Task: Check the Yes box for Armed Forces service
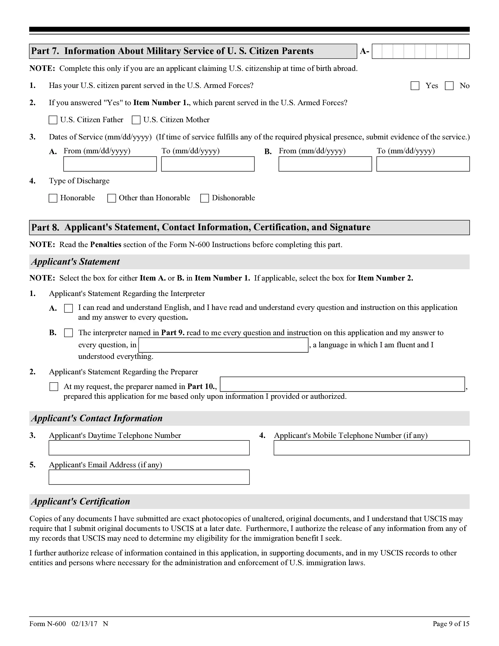click(x=415, y=86)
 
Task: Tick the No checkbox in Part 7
click(x=449, y=86)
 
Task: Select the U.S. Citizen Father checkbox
click(x=53, y=120)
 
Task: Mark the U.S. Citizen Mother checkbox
click(x=136, y=120)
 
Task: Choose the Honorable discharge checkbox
click(x=53, y=198)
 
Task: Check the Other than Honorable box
click(x=112, y=198)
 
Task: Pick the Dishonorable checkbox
click(x=204, y=198)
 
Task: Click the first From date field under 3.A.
click(x=110, y=164)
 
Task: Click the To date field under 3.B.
click(x=423, y=164)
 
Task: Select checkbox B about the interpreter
click(x=68, y=333)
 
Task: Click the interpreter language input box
click(x=223, y=345)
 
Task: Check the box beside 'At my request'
click(x=54, y=387)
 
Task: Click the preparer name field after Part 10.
click(x=342, y=384)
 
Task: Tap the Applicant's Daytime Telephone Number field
click(x=149, y=448)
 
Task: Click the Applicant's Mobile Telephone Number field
click(x=371, y=448)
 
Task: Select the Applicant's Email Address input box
click(x=149, y=477)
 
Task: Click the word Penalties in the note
click(x=105, y=245)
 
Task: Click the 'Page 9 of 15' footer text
click(x=451, y=624)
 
